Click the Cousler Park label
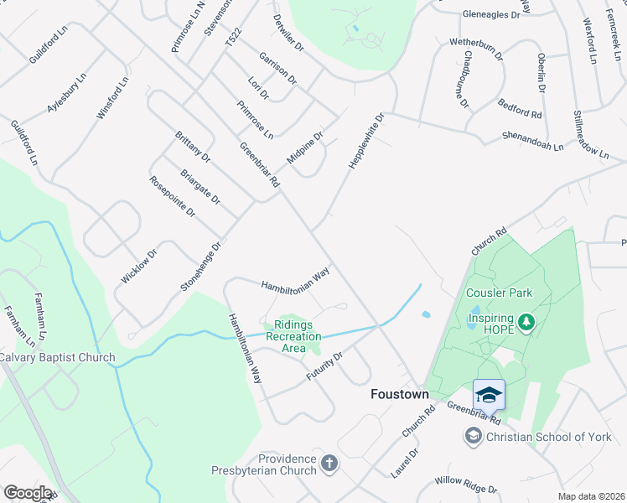coord(500,293)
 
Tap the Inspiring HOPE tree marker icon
coord(526,322)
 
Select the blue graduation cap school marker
coord(488,394)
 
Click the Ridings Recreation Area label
coord(293,336)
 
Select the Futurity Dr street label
coord(324,366)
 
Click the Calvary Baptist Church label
coord(57,357)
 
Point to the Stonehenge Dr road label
coord(200,267)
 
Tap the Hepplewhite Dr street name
coord(365,141)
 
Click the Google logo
coord(28,492)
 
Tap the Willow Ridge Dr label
coord(465,485)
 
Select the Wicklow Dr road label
coord(139,265)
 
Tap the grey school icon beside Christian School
coord(473,436)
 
